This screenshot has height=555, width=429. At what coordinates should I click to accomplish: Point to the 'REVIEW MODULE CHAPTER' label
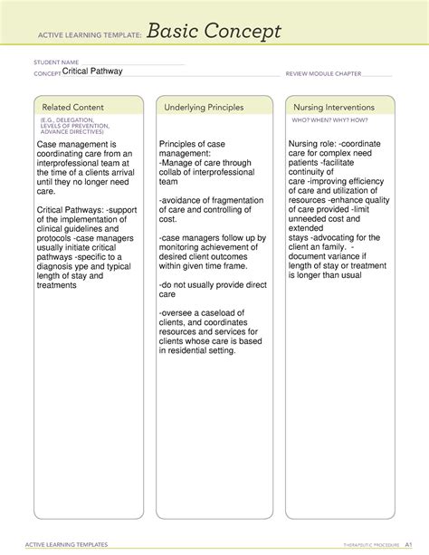323,73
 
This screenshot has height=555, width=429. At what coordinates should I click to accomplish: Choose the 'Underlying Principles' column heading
204,108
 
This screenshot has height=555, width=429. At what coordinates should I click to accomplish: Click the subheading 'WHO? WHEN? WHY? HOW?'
324,120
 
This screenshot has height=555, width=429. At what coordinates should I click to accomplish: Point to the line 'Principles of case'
193,145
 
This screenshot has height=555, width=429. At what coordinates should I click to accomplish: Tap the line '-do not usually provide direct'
210,284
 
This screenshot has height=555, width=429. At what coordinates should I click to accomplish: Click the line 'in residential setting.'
196,351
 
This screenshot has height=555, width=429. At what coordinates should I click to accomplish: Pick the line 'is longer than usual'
325,275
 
